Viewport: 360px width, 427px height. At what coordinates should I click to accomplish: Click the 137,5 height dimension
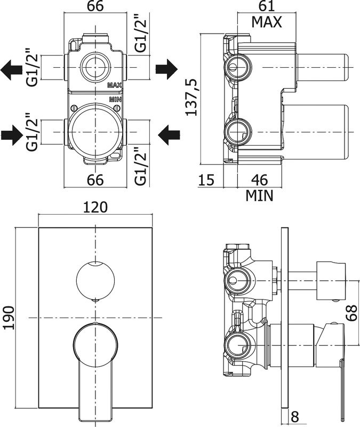coord(191,97)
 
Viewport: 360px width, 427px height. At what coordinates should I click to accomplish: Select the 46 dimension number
coord(260,180)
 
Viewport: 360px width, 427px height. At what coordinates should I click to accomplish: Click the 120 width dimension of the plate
coord(95,207)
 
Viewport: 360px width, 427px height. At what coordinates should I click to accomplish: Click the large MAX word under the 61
coord(267,22)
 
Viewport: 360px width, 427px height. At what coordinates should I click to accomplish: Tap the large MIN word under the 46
coord(260,196)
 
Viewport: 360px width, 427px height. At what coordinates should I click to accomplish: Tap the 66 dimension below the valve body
coord(95,180)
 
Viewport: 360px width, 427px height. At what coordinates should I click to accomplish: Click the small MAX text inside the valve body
coord(115,85)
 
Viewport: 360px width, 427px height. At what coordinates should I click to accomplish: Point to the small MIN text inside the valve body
coord(115,100)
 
